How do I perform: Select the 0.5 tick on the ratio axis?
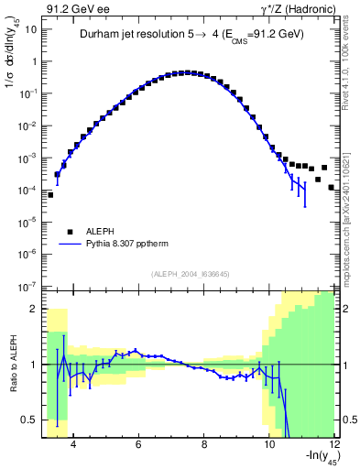[31, 420]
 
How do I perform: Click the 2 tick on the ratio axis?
[35, 309]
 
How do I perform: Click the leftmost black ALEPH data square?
[50, 195]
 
